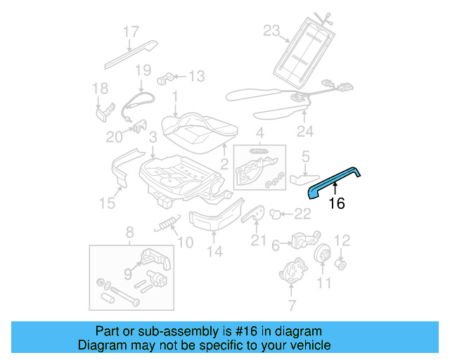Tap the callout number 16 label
(337, 204)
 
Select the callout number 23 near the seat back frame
(271, 30)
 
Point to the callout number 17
(131, 32)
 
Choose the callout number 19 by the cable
(143, 70)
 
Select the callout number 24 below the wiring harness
(304, 131)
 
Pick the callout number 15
(106, 204)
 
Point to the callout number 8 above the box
(129, 232)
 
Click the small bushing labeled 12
(341, 264)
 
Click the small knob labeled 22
(276, 212)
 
